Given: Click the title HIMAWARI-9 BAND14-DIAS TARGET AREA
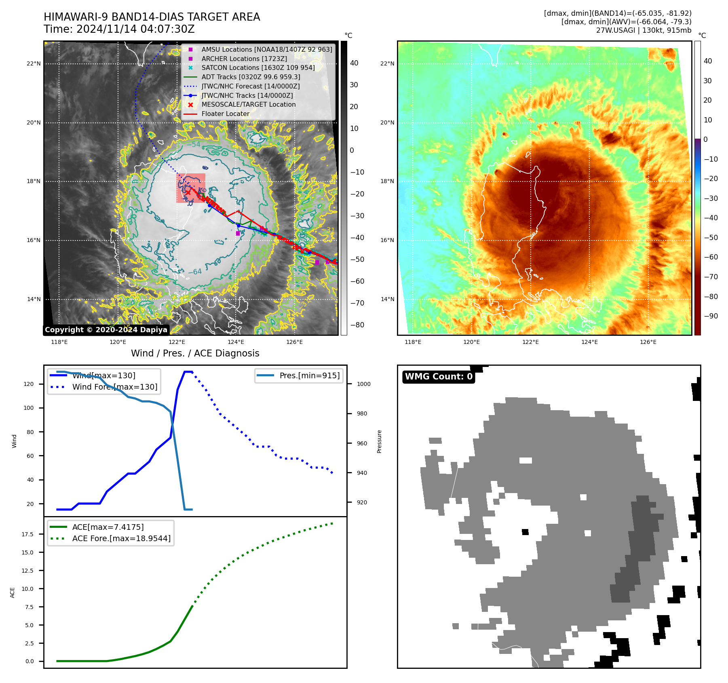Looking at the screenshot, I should click(x=152, y=17).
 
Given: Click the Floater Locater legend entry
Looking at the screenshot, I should click(x=225, y=114).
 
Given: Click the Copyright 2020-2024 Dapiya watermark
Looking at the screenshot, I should click(x=106, y=330).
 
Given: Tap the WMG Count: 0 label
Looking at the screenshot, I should click(x=439, y=377).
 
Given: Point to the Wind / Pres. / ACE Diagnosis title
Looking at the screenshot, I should click(x=195, y=354).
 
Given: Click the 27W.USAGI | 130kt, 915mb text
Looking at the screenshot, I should click(x=644, y=30).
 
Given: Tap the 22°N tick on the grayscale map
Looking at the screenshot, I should click(x=34, y=64).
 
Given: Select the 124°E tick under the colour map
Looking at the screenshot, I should click(x=589, y=342).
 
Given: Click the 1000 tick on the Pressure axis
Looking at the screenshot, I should click(x=363, y=384).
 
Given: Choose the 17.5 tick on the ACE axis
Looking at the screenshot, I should click(x=27, y=534).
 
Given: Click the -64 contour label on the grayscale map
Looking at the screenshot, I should click(x=195, y=272).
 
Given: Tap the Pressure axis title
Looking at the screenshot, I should click(x=380, y=441).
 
